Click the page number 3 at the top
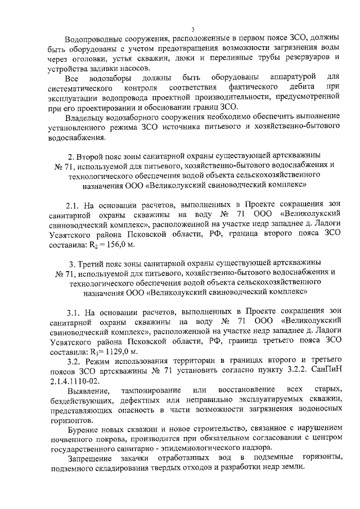tap(192, 29)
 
